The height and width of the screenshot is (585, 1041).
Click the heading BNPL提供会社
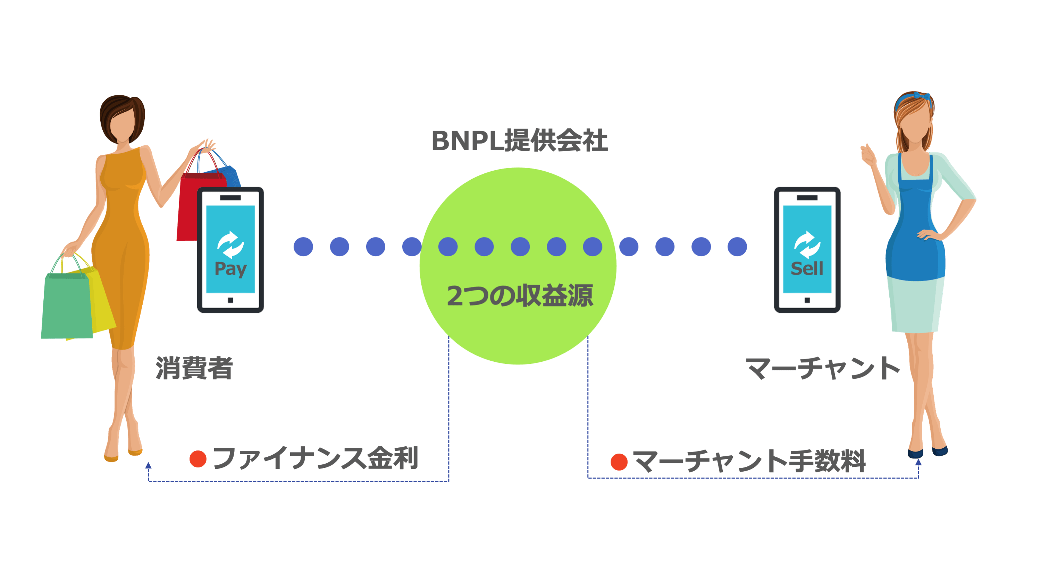519,141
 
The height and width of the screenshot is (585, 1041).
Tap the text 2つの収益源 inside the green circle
520,295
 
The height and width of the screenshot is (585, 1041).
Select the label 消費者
194,368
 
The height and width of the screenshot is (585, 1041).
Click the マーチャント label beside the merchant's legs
822,368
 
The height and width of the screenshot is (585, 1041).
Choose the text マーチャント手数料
749,461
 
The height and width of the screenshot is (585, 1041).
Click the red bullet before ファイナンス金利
198,459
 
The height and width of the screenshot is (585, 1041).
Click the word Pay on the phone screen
230,268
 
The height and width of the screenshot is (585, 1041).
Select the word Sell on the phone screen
807,268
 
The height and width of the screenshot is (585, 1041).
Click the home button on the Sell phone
807,300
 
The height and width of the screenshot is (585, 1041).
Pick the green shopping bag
67,307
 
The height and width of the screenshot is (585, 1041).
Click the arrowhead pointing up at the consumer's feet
148,465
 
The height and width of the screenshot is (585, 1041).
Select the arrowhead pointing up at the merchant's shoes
918,462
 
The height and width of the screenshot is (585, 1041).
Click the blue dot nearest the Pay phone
303,247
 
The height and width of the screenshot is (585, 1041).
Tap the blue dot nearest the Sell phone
737,247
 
